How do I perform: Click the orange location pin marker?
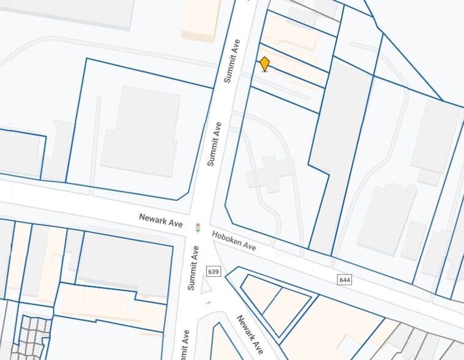(264, 64)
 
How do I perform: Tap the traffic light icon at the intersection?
(198, 227)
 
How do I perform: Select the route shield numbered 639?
(214, 271)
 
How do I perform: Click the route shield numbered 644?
(345, 280)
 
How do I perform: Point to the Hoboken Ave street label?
(234, 241)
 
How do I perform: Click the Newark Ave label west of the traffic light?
(161, 220)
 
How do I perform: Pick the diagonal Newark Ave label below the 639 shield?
(250, 334)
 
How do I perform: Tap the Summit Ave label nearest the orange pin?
(232, 61)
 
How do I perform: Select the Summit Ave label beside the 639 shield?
(194, 268)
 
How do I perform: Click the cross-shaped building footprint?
(270, 173)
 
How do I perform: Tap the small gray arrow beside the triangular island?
(208, 302)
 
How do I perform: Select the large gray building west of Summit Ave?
(140, 131)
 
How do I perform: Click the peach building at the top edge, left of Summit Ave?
(201, 19)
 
